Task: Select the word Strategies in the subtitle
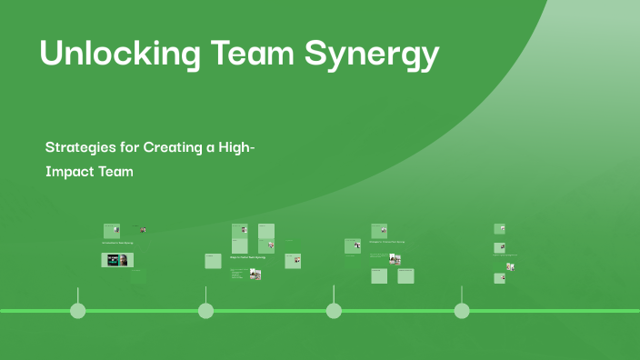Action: point(81,146)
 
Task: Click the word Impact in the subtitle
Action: point(70,172)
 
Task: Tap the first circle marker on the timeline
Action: point(78,311)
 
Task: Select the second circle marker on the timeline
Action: point(205,311)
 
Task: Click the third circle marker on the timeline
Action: point(334,311)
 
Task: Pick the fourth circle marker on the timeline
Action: point(462,311)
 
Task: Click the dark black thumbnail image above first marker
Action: point(117,260)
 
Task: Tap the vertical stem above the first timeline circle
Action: point(78,295)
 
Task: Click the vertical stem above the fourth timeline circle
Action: point(462,295)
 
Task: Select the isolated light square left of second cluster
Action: point(214,261)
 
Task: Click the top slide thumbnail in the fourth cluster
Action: point(499,229)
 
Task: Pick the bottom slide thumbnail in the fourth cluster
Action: point(499,279)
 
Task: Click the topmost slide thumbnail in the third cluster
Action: point(379,231)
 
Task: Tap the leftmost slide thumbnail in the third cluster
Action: point(353,245)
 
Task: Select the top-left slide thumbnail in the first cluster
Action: point(112,231)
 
